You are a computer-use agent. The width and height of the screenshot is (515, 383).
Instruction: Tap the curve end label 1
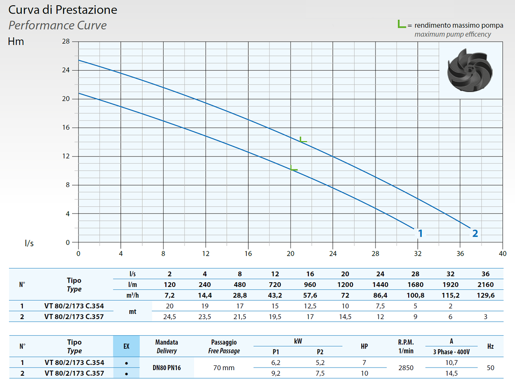(x=421, y=233)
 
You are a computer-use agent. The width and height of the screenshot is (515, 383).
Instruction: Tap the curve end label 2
(x=475, y=233)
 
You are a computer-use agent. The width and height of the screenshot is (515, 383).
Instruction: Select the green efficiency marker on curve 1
(x=294, y=169)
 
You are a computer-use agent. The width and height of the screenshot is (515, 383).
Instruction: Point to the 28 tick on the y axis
(x=66, y=42)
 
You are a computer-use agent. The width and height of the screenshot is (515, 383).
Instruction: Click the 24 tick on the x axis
(x=333, y=253)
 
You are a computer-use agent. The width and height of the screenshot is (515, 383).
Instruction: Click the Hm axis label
(x=16, y=42)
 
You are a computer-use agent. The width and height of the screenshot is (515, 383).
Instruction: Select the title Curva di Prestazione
(x=63, y=10)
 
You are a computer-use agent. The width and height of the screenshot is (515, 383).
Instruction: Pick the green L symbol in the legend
(x=402, y=24)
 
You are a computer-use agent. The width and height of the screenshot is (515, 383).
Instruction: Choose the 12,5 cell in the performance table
(x=310, y=306)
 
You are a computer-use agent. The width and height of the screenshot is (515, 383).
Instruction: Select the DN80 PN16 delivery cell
(x=167, y=368)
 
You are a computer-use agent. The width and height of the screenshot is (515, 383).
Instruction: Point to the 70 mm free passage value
(x=224, y=368)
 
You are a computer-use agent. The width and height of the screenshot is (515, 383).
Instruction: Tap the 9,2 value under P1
(x=276, y=373)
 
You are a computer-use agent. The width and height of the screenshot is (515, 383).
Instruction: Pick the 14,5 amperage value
(x=451, y=373)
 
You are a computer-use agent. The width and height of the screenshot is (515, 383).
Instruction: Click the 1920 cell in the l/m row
(x=450, y=284)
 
